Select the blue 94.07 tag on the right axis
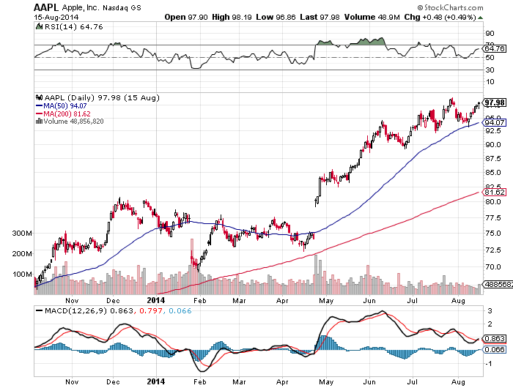(490, 122)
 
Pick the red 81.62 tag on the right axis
(490, 191)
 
